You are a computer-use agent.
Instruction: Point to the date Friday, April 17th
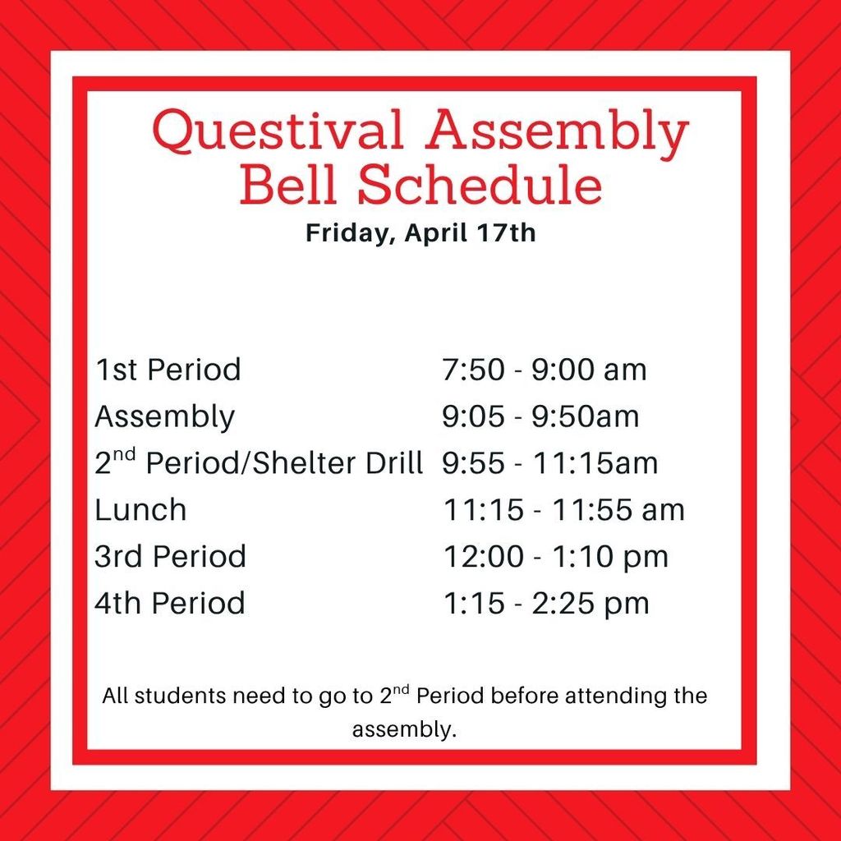click(x=420, y=232)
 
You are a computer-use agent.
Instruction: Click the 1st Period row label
click(x=168, y=370)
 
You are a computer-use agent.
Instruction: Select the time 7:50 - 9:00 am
click(x=544, y=370)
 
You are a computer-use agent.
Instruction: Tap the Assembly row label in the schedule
click(x=164, y=416)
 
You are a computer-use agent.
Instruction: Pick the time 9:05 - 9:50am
click(x=540, y=416)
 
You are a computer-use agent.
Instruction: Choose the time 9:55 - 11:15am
click(x=549, y=463)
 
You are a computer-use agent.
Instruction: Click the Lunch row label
click(x=140, y=510)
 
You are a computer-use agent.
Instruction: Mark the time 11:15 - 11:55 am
click(x=563, y=510)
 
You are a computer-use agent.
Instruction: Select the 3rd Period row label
click(x=170, y=557)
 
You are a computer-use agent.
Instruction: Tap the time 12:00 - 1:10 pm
click(x=555, y=557)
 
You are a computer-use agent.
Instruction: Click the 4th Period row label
click(x=169, y=604)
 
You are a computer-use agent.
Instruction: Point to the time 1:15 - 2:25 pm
click(x=546, y=604)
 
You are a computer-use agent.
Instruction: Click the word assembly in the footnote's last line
click(x=402, y=729)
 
